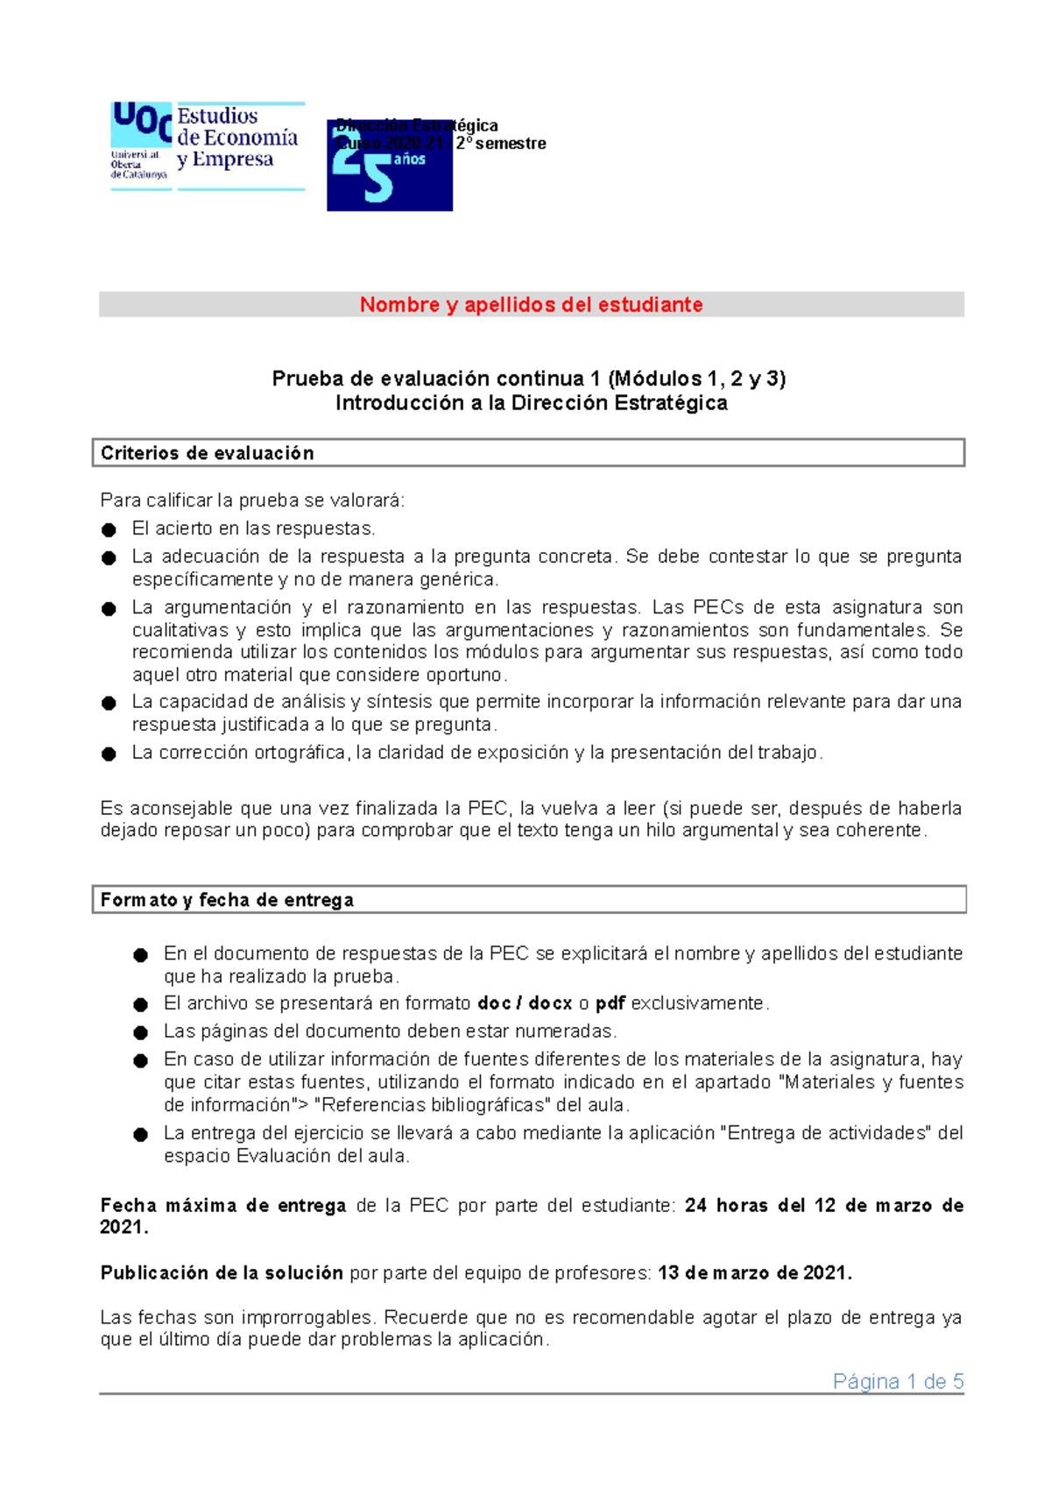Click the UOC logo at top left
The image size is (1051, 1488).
click(140, 140)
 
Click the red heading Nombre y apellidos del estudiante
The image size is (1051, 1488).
click(531, 305)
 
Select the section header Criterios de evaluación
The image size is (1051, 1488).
click(207, 453)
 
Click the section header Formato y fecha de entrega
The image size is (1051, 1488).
click(227, 900)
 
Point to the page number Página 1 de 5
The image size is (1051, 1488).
click(898, 1382)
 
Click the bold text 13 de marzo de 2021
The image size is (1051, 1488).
click(754, 1273)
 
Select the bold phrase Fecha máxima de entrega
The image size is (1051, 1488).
click(223, 1206)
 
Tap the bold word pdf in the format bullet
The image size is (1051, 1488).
click(610, 1004)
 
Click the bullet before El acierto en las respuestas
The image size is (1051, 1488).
click(109, 529)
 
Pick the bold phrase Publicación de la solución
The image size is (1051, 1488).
click(222, 1273)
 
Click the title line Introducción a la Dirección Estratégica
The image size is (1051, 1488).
click(531, 403)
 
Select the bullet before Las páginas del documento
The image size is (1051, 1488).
click(140, 1032)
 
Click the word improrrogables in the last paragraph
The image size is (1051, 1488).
click(307, 1318)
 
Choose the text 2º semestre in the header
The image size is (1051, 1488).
click(502, 144)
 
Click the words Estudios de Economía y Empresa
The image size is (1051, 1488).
click(237, 138)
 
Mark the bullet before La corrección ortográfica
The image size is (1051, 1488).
click(109, 754)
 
